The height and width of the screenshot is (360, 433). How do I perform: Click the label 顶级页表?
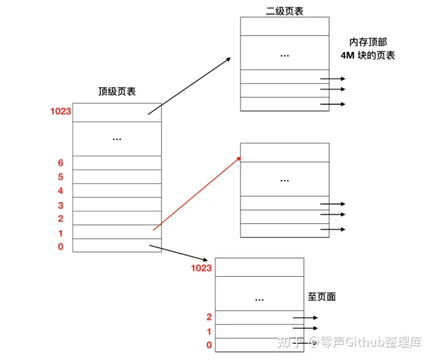[117, 92]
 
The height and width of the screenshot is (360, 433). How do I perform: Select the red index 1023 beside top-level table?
[61, 111]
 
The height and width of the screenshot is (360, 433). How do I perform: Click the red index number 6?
[61, 163]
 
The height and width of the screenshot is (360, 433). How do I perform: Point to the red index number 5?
[61, 177]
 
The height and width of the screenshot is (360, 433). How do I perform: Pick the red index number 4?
[61, 191]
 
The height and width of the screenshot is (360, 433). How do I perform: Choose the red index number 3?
[61, 205]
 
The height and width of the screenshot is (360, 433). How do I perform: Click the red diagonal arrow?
[197, 193]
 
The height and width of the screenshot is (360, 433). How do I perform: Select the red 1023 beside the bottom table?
[201, 268]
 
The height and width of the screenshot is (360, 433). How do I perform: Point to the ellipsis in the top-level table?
[117, 139]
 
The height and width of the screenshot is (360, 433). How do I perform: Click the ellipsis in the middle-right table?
[284, 180]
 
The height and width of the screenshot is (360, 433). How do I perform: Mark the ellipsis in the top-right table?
[284, 55]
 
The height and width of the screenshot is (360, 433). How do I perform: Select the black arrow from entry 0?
[180, 252]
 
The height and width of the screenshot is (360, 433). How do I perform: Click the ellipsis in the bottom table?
[259, 299]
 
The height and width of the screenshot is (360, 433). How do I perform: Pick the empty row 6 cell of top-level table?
[117, 163]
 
